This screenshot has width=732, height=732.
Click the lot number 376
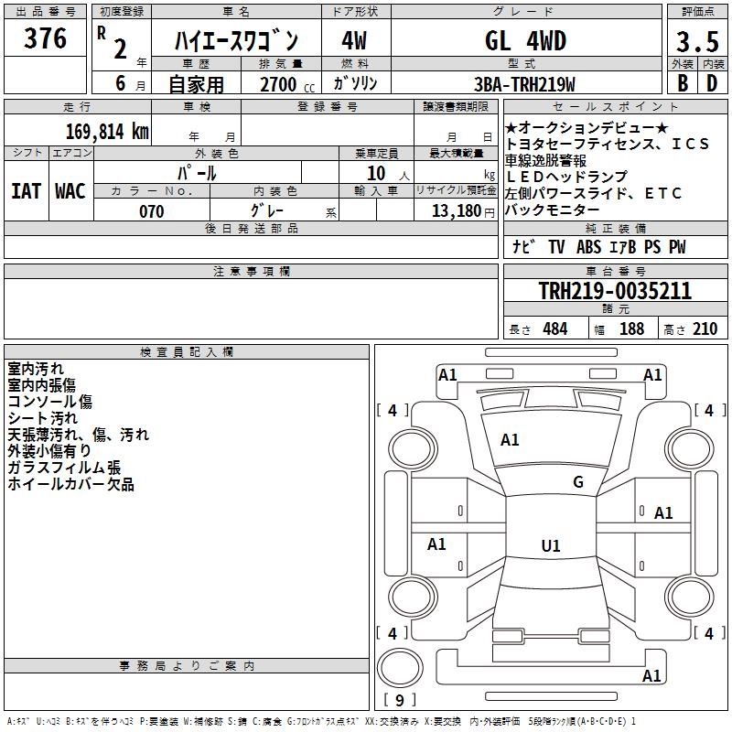(45, 38)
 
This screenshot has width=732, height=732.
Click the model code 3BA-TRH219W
(526, 84)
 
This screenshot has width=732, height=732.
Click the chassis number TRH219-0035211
(614, 291)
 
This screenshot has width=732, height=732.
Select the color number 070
(151, 211)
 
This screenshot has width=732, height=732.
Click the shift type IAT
(26, 191)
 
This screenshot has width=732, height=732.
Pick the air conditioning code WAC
(70, 191)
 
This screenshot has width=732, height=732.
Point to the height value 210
(705, 329)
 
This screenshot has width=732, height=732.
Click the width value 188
(631, 329)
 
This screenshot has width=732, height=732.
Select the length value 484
(554, 329)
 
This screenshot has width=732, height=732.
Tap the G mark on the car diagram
(577, 481)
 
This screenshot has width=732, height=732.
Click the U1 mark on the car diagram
(550, 546)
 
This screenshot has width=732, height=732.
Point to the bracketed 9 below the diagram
(398, 701)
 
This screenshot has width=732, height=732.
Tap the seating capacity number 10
(374, 173)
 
